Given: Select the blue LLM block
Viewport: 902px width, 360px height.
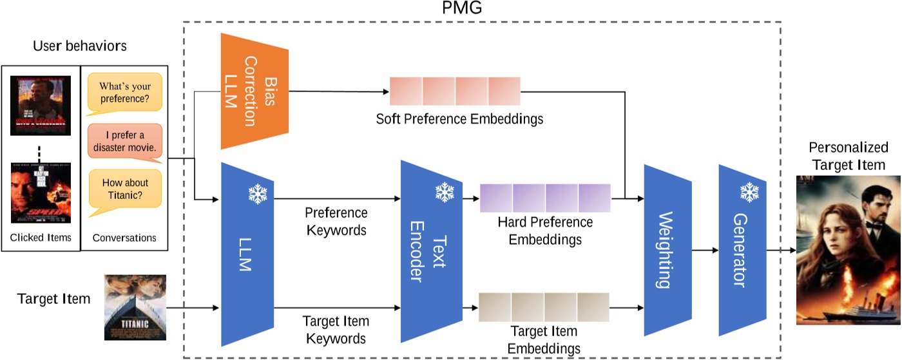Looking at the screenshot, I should (247, 254).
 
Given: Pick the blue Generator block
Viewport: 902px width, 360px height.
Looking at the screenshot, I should (742, 249).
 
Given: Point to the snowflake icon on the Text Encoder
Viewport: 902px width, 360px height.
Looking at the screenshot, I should (444, 191).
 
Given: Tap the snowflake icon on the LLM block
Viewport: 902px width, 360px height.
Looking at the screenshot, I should (258, 194).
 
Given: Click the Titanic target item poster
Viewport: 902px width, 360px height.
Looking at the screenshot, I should (135, 307).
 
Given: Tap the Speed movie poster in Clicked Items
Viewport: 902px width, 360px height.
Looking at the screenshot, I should (41, 192).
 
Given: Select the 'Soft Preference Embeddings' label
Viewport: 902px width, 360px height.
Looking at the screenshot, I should (460, 119).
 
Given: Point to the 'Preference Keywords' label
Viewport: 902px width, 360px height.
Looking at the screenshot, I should (336, 221).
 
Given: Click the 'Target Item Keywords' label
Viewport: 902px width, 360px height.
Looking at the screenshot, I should (336, 329).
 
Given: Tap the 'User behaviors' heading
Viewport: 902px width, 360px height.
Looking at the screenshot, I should (79, 46).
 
